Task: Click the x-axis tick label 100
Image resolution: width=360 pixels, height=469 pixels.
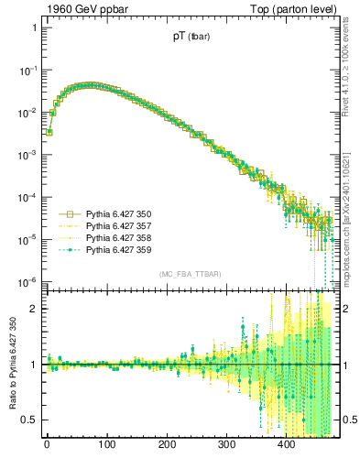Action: (x=106, y=445)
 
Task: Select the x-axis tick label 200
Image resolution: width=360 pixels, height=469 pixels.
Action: (x=167, y=445)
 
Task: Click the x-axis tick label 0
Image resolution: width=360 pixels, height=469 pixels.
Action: (x=47, y=445)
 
